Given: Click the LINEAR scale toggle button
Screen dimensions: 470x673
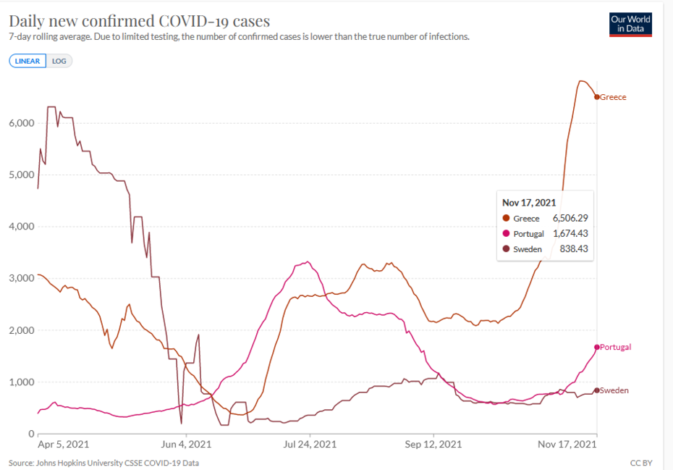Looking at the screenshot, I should pos(27,61).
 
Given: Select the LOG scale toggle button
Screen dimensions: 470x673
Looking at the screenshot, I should pos(59,61).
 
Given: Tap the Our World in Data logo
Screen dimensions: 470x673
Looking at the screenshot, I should pos(630,24).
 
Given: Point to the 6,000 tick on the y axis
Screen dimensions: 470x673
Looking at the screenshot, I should pos(21,123).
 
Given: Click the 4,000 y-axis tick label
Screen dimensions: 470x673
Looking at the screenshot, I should pos(21,227).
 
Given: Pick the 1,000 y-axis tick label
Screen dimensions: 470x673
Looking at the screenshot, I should pos(21,382).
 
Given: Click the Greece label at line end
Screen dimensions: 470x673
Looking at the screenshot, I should pos(613,97).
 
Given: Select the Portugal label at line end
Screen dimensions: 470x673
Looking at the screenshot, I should pos(615,347).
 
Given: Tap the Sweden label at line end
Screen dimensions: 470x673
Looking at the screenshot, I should pos(614,390).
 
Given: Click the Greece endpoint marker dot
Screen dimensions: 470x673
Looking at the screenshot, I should pos(597,97).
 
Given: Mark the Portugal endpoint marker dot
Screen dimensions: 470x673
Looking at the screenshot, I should pos(597,347).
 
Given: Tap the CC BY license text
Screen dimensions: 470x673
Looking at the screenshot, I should pos(641,462).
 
